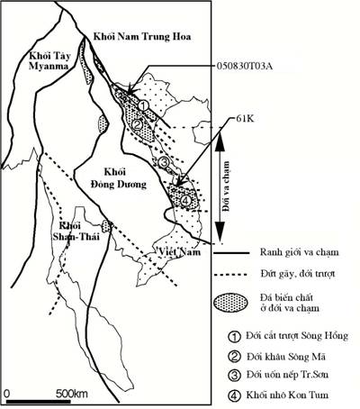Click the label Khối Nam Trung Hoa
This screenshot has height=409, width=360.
[142, 37]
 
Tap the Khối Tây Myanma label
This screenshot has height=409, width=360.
[49, 61]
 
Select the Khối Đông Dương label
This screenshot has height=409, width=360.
[119, 178]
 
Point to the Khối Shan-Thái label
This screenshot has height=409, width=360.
[76, 232]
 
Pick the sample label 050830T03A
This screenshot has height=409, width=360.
[245, 67]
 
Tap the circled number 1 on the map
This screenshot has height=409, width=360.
[143, 105]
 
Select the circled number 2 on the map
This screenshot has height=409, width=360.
[137, 124]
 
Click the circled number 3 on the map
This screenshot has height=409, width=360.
[164, 162]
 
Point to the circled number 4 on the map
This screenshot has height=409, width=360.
[185, 201]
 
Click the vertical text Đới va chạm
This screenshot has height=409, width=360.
[227, 186]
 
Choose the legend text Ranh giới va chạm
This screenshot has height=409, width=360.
[299, 252]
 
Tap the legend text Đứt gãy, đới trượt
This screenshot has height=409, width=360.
[297, 274]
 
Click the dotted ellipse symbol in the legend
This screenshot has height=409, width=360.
[231, 302]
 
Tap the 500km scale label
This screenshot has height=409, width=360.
[72, 394]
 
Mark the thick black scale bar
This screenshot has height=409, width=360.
[39, 402]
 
